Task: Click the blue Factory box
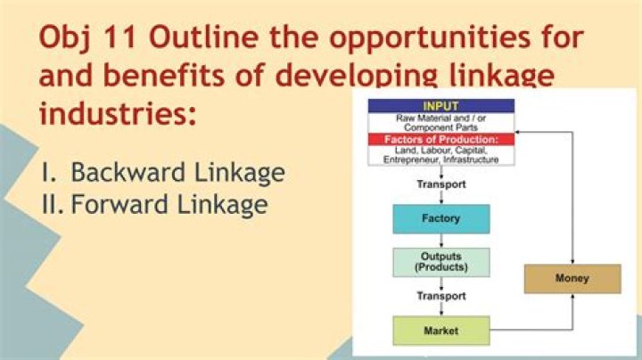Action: [441, 218]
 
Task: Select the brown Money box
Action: [572, 279]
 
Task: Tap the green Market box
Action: [441, 331]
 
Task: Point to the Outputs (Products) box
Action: [441, 262]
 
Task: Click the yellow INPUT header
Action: [441, 106]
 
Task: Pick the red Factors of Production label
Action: [441, 140]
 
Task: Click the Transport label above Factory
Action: [441, 185]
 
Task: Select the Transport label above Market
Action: [441, 296]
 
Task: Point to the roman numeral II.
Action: [52, 205]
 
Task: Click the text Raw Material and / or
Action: [441, 118]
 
